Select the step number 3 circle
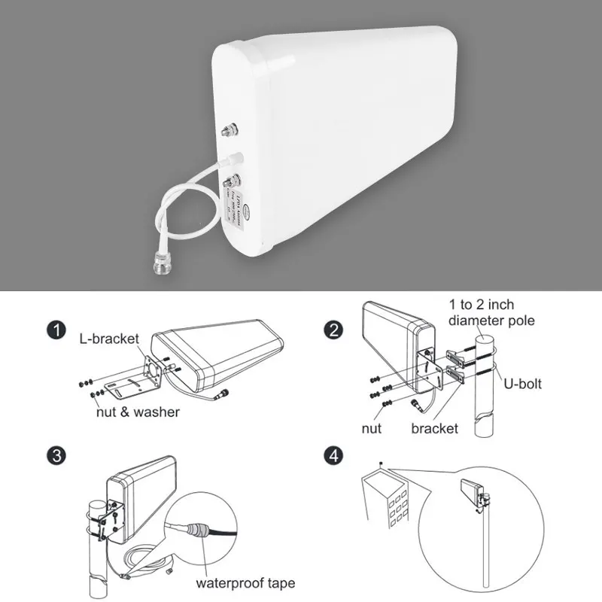(53, 455)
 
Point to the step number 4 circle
(332, 455)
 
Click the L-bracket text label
(109, 339)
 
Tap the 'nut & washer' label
(138, 412)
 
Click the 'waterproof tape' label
(245, 582)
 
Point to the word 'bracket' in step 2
(434, 428)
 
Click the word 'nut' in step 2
(371, 428)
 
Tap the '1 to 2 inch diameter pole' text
(492, 312)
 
